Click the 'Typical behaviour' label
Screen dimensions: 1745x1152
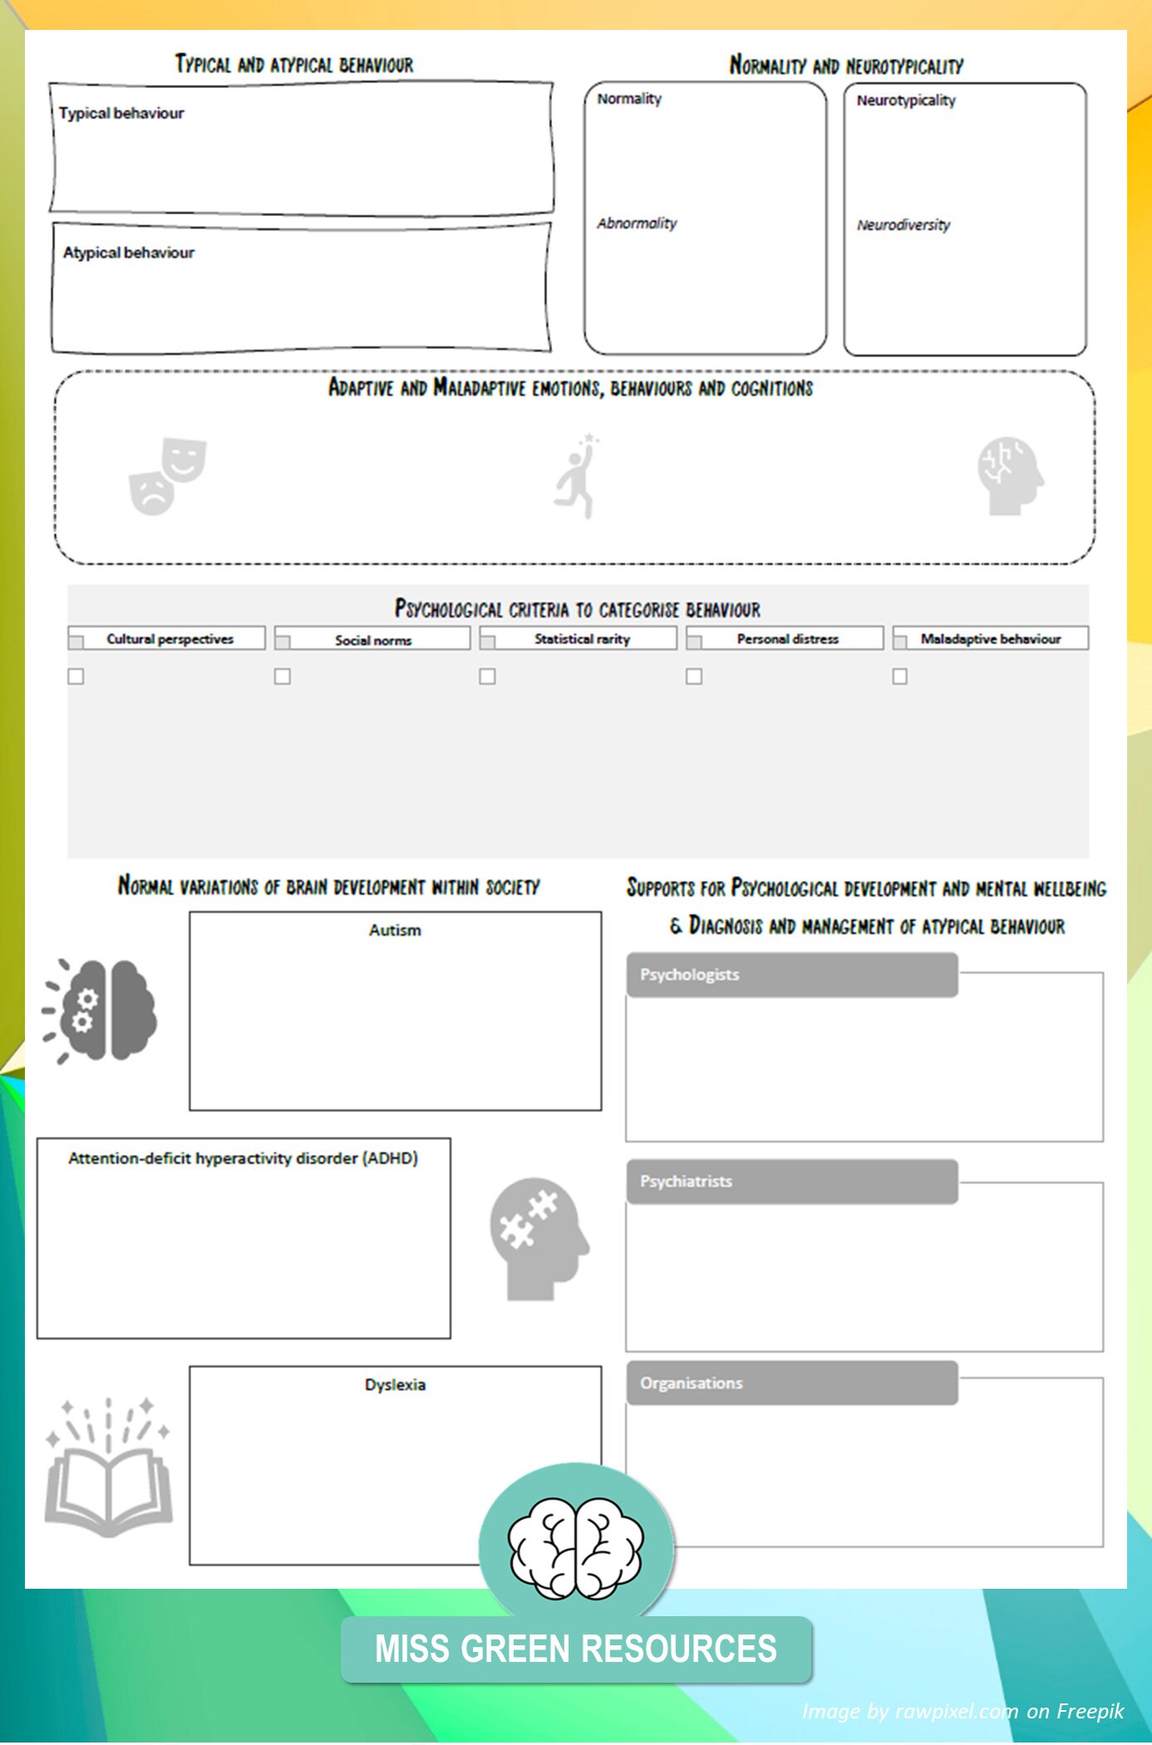pos(121,113)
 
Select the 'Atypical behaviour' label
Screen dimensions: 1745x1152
pos(129,253)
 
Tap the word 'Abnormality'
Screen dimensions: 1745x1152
pos(637,224)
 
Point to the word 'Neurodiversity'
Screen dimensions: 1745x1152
pos(903,225)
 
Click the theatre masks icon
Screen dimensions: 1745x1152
pos(167,476)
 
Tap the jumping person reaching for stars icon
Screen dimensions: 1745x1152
pos(577,476)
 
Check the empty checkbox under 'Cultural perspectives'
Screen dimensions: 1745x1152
pos(76,676)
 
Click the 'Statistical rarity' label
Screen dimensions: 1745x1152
pos(582,639)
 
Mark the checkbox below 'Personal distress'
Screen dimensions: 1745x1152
pos(694,676)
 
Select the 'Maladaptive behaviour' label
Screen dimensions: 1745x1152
pos(990,639)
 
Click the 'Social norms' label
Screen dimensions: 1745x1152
pos(373,640)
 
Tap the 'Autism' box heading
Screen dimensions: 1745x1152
pos(395,931)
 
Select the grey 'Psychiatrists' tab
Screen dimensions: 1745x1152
pos(791,1182)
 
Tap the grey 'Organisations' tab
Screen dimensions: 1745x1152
pos(791,1384)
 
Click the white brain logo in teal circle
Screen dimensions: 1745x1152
pos(576,1548)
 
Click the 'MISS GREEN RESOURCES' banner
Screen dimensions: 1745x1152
pos(576,1649)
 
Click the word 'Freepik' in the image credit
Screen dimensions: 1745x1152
pos(1090,1712)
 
